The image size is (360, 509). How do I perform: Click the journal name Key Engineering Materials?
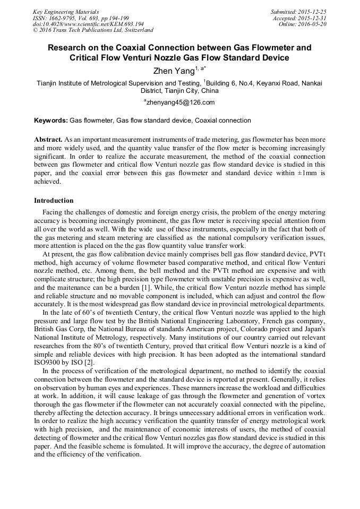pos(65,12)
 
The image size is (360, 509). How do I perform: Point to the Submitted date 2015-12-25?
pos(313,12)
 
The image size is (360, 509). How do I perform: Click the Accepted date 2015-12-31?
pos(314,18)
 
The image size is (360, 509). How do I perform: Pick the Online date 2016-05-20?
pos(314,24)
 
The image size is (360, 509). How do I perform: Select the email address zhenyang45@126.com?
pos(181,102)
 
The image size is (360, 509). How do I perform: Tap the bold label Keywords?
pos(51,121)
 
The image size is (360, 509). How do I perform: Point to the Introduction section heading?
pos(54,201)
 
